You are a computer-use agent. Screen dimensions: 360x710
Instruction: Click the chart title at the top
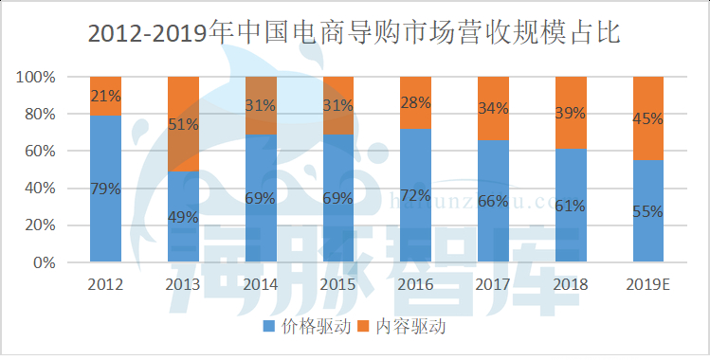pos(354,33)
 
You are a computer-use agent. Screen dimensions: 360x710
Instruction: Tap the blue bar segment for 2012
pos(105,227)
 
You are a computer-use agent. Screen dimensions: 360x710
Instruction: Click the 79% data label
pos(105,189)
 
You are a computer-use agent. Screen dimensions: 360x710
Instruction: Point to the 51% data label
pos(183,124)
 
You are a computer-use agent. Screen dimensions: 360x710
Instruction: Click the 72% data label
pos(415,195)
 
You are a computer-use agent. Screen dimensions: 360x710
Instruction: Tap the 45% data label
pos(647,118)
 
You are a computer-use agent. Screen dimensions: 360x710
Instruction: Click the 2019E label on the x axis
pos(647,283)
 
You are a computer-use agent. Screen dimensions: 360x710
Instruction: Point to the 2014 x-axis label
pos(260,283)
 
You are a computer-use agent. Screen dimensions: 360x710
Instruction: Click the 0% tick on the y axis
pos(45,262)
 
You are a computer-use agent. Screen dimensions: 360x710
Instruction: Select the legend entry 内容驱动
pos(404,327)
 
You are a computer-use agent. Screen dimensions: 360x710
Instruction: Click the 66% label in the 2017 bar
pos(493,201)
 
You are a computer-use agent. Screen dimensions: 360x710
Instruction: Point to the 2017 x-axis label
pos(493,283)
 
